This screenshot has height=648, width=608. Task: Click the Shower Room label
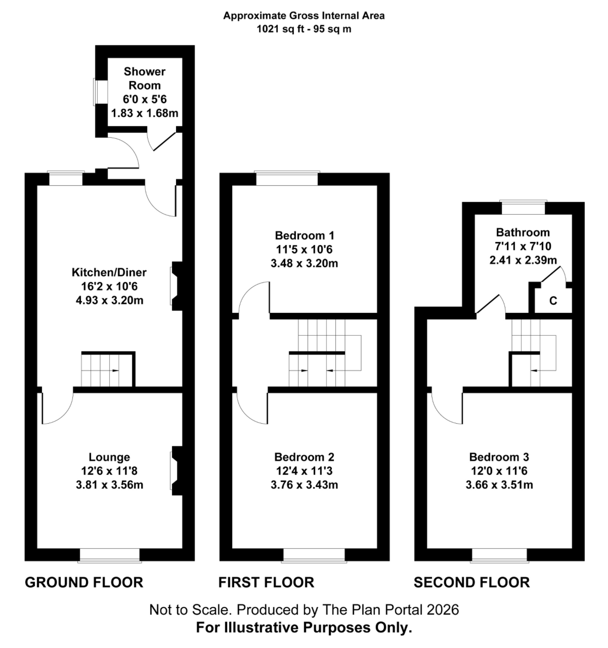tap(144, 78)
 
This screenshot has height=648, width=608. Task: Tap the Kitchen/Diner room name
tap(109, 272)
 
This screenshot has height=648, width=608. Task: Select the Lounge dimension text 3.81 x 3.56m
tap(109, 485)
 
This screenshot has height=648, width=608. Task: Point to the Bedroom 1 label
tap(304, 235)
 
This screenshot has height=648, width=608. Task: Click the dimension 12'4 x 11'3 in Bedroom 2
tap(304, 471)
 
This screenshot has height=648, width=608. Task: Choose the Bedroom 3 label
tap(499, 457)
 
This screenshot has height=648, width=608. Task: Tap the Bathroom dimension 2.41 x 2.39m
tap(523, 260)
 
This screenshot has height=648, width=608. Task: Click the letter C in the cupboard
tap(553, 301)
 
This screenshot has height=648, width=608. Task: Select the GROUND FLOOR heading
tap(84, 583)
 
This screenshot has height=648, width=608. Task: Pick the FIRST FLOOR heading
tap(266, 583)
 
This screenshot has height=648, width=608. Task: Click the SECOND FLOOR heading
tap(471, 583)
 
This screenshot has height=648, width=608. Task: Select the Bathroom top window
tap(523, 208)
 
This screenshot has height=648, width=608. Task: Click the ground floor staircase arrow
tap(115, 371)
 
